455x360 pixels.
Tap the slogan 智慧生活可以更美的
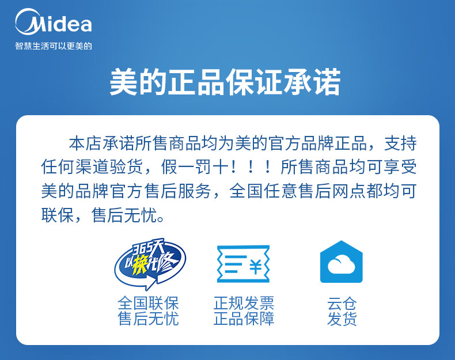[x=54, y=46]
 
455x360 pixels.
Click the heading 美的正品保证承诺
[x=225, y=82]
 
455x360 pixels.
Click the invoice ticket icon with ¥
[x=243, y=264]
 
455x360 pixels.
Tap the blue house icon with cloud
[x=341, y=262]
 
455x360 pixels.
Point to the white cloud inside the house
[x=341, y=264]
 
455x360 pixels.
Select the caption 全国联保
[x=148, y=303]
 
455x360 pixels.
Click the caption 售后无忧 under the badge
[x=148, y=318]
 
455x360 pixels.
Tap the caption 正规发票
[x=244, y=303]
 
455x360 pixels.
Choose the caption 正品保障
[x=244, y=318]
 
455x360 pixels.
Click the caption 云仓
[x=342, y=304]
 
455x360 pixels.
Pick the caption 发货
[x=342, y=319]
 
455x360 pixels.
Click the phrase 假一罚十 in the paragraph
[x=195, y=167]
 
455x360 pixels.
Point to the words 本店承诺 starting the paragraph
[x=102, y=143]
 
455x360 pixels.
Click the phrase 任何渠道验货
[x=92, y=167]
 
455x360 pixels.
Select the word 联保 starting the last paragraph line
[x=58, y=215]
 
